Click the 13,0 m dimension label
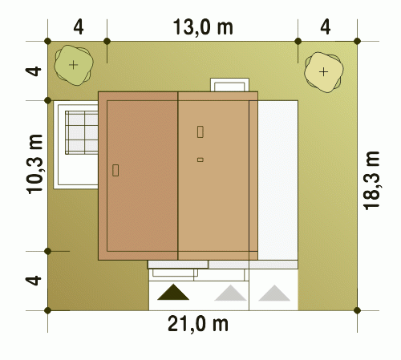click(x=203, y=27)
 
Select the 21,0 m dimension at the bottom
click(x=198, y=324)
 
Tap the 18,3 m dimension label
click(x=371, y=180)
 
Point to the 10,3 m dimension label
click(x=34, y=164)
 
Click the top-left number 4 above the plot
click(x=79, y=27)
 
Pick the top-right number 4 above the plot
click(x=326, y=27)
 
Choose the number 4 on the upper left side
click(x=34, y=71)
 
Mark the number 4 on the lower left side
click(x=34, y=281)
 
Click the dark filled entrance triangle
click(x=173, y=292)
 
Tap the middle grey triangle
click(x=230, y=293)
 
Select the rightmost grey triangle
click(x=274, y=293)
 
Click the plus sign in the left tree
click(x=73, y=65)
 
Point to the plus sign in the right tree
click(x=324, y=72)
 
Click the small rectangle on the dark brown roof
click(x=115, y=170)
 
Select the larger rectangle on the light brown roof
click(x=200, y=131)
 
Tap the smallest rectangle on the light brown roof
click(x=200, y=160)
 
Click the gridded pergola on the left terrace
click(x=82, y=132)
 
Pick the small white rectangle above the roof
click(x=229, y=85)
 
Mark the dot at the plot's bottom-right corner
click(x=357, y=310)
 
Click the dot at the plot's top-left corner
click(x=48, y=41)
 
